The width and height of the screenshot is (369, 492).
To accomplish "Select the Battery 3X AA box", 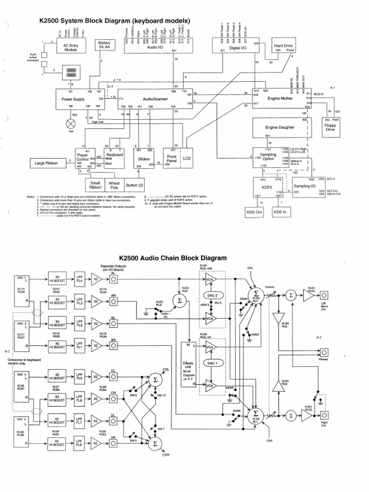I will [x=104, y=46].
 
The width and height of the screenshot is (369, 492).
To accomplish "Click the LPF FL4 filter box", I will [x=80, y=280].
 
